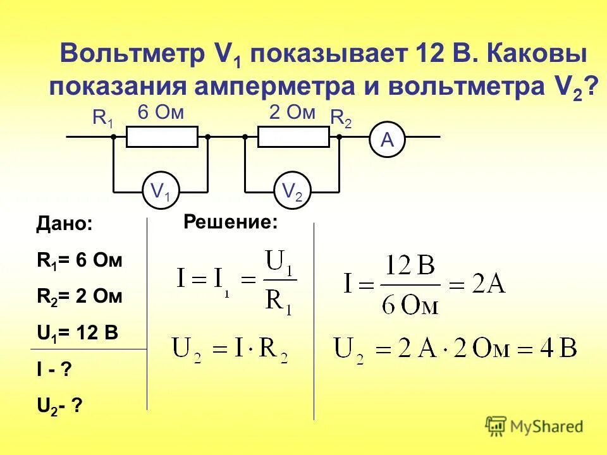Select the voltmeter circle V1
(x=160, y=190)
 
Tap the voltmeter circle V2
(x=292, y=190)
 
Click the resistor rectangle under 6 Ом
(x=162, y=136)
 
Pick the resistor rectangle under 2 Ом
(x=293, y=136)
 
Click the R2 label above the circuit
(x=341, y=118)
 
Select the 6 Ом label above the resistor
(x=161, y=113)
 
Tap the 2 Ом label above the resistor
(x=292, y=113)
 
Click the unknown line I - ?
(x=54, y=370)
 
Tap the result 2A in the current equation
(x=488, y=284)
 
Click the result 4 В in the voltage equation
(x=560, y=348)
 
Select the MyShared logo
(x=534, y=427)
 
